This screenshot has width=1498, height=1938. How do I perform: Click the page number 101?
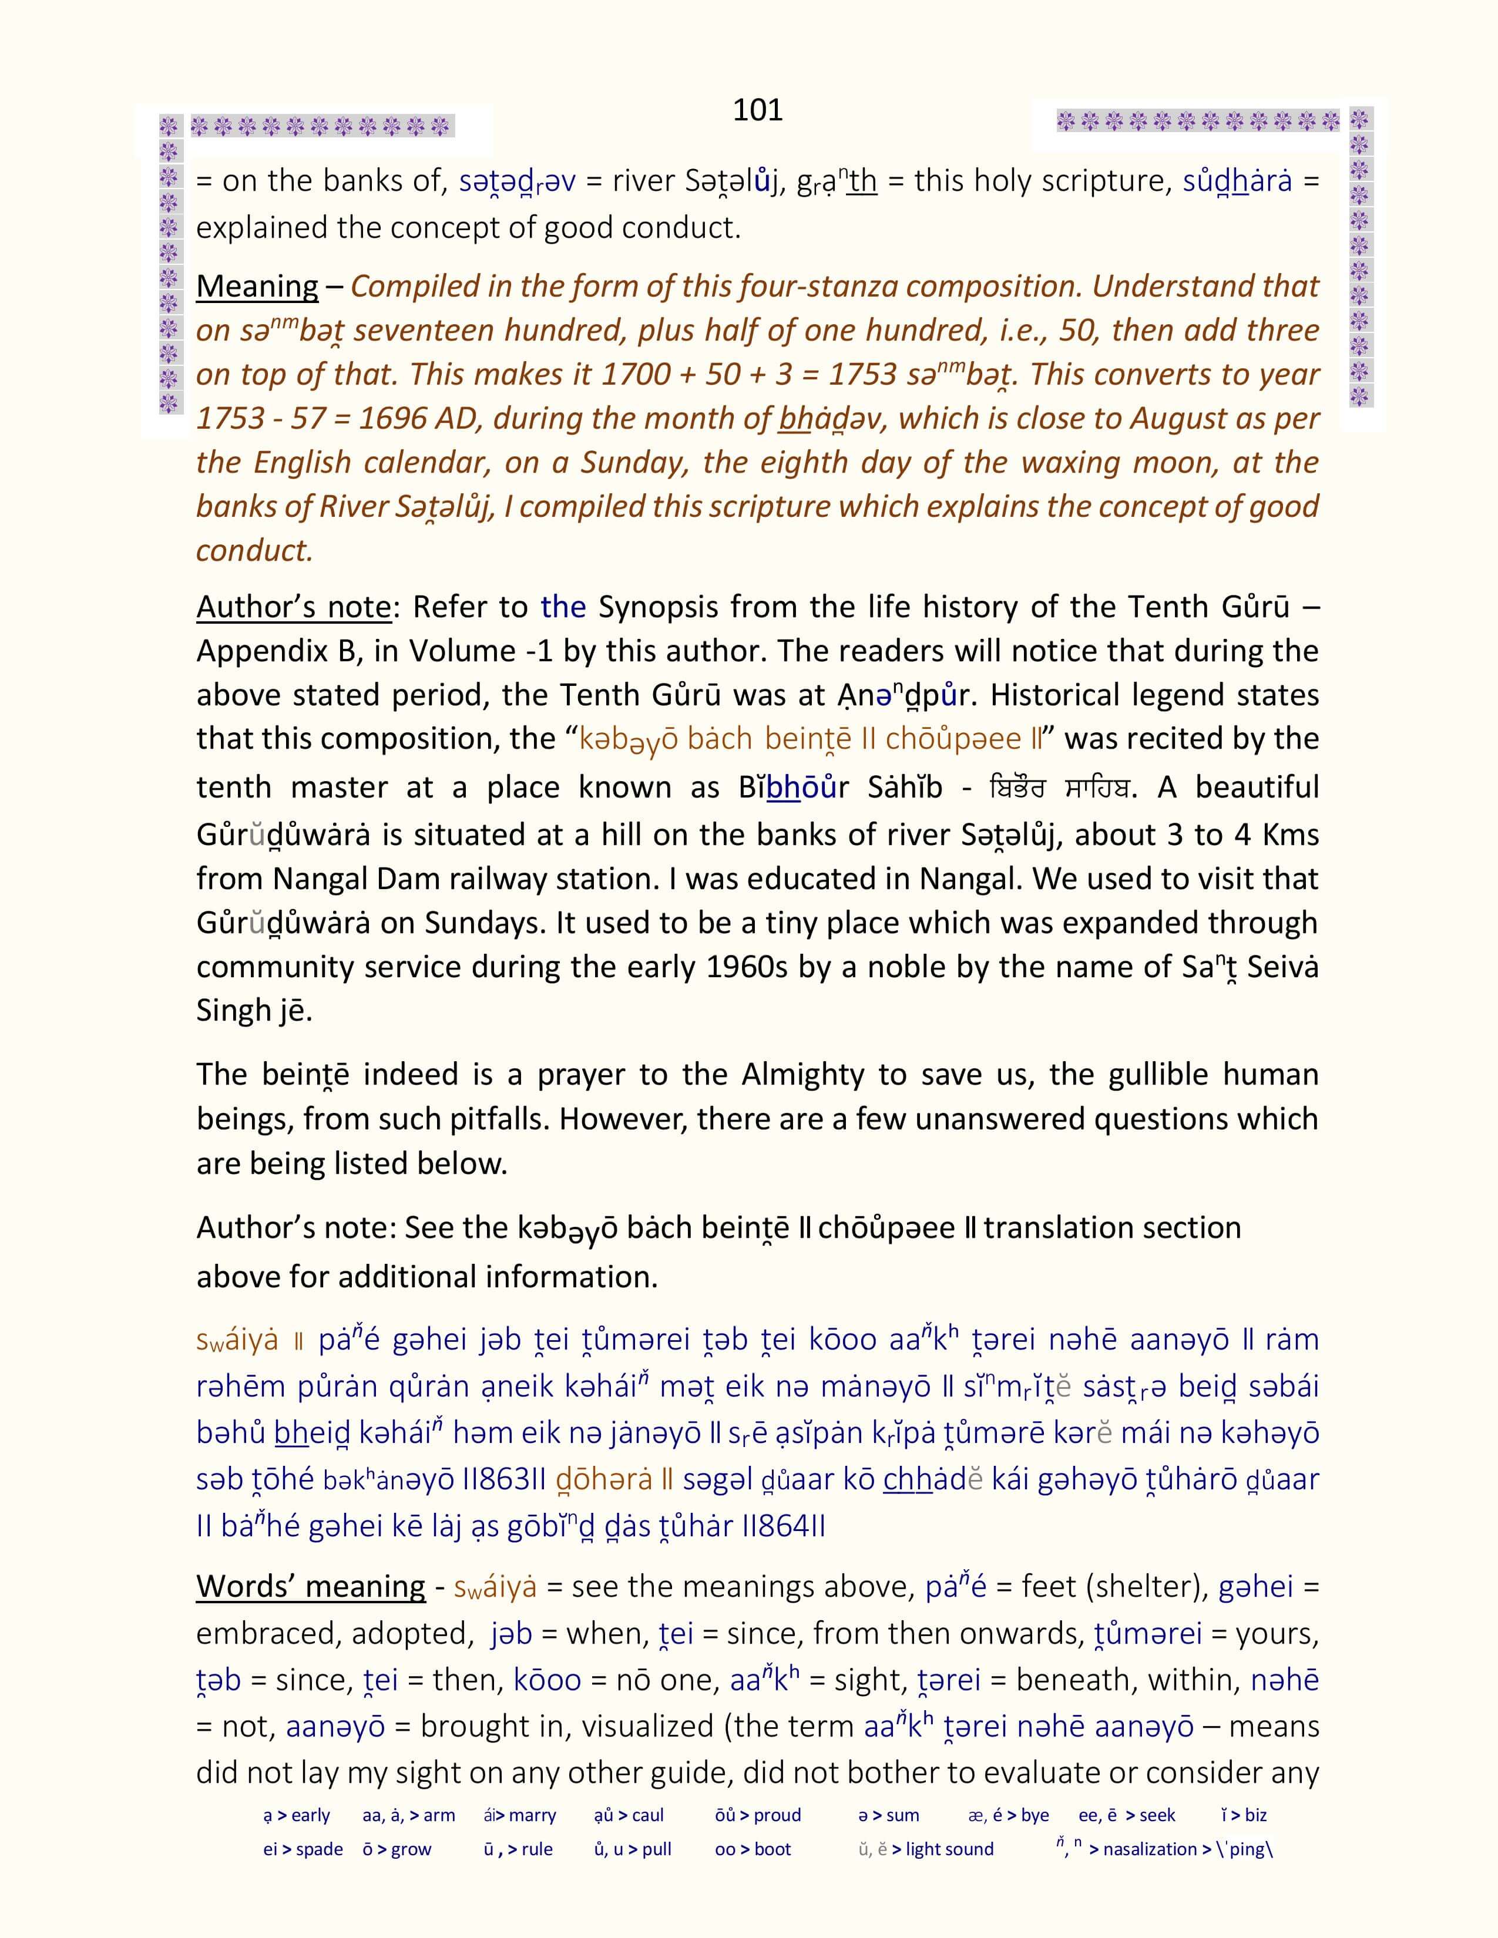[x=757, y=110]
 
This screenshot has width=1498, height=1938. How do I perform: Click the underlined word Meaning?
[x=257, y=286]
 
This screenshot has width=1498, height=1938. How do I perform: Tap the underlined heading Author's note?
[x=294, y=607]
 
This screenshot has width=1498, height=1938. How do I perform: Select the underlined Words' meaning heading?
[x=311, y=1586]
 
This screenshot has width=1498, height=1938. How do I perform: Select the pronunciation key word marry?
[x=532, y=1815]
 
